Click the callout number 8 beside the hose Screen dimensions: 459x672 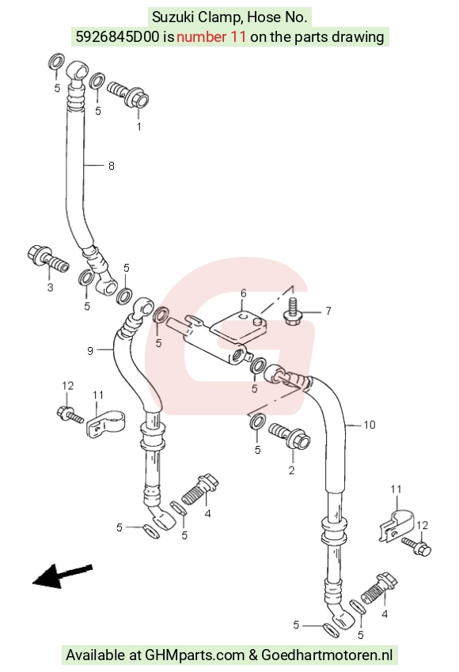pyautogui.click(x=112, y=166)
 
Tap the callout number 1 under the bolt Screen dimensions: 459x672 pyautogui.click(x=138, y=126)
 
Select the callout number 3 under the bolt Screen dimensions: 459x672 pyautogui.click(x=50, y=287)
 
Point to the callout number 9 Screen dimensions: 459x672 pyautogui.click(x=90, y=351)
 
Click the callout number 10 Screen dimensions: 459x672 pyautogui.click(x=370, y=425)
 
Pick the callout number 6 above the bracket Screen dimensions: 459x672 pyautogui.click(x=244, y=293)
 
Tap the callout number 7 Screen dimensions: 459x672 pyautogui.click(x=328, y=311)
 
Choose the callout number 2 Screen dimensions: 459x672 pyautogui.click(x=292, y=470)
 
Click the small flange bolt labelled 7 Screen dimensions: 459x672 pyautogui.click(x=293, y=313)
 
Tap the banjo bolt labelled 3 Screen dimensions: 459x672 pyautogui.click(x=48, y=258)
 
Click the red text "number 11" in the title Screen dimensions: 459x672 pyautogui.click(x=211, y=37)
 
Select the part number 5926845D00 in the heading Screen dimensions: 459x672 pyautogui.click(x=118, y=37)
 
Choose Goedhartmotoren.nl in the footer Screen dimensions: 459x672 pyautogui.click(x=327, y=655)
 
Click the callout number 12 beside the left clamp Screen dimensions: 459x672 pyautogui.click(x=68, y=386)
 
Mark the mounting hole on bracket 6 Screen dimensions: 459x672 pyautogui.click(x=243, y=317)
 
